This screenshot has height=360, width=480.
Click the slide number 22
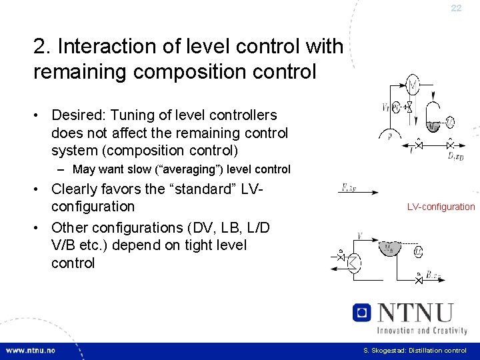tap(456, 8)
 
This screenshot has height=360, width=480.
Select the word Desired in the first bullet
tap(78, 115)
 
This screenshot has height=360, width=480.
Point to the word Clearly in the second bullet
tap(77, 189)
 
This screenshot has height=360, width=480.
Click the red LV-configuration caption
tap(441, 207)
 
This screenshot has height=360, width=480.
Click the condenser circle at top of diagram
tap(413, 85)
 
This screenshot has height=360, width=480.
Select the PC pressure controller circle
tap(396, 107)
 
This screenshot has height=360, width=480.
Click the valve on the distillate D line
tap(451, 144)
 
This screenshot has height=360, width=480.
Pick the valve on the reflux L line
tap(418, 144)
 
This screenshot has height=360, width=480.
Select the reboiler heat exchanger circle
tap(352, 264)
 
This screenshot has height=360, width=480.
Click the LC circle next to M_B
tap(418, 251)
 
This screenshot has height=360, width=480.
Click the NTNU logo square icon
tap(361, 313)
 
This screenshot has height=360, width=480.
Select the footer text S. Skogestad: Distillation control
tap(415, 351)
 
